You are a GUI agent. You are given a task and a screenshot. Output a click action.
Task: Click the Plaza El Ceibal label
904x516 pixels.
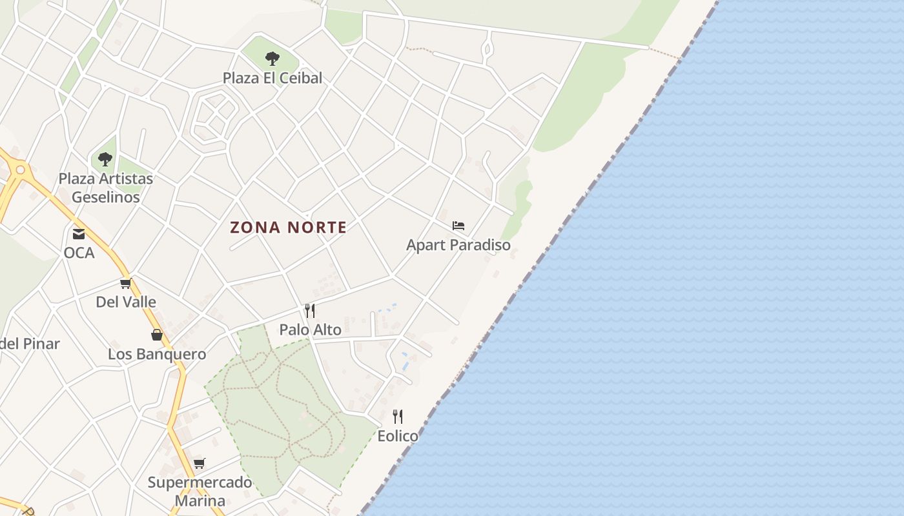coord(272,78)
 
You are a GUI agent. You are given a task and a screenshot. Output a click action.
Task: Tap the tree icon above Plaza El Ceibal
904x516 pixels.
coord(272,59)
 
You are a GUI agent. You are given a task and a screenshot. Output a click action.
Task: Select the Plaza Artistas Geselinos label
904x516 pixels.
coord(106,188)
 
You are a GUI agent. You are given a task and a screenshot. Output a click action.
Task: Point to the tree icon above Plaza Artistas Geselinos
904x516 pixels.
coord(105,159)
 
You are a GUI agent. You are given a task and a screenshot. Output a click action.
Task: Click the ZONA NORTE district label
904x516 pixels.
coord(289,227)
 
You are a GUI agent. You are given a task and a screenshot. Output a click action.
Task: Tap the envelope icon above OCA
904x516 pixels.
coord(79,233)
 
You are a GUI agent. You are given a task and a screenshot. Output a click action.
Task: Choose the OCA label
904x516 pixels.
coord(79,253)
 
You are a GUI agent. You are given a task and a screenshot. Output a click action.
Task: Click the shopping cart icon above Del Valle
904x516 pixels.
coord(126,283)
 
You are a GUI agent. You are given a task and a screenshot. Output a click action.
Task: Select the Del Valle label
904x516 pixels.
coord(126,302)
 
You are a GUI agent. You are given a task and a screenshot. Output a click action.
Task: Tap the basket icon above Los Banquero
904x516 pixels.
coord(157,334)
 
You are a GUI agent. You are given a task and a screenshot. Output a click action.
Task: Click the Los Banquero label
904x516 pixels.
coord(157,354)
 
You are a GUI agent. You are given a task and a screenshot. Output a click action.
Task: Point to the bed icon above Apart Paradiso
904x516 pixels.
coord(458,226)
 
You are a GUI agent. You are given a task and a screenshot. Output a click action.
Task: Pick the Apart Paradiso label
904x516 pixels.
coord(458,245)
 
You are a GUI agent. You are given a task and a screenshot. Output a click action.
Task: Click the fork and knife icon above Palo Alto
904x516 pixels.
coord(310,311)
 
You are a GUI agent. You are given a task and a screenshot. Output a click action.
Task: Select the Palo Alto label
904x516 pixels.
coord(310,330)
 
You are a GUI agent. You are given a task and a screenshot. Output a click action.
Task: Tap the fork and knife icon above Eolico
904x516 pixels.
coord(398,417)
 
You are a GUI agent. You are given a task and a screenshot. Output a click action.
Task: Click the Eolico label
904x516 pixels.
coord(398,436)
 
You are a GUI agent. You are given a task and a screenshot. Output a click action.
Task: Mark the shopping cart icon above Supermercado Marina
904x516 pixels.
coord(200,463)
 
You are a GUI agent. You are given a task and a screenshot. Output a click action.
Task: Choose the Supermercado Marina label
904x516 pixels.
coord(200,491)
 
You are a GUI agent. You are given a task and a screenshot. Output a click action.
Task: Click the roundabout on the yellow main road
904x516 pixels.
coord(20,171)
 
